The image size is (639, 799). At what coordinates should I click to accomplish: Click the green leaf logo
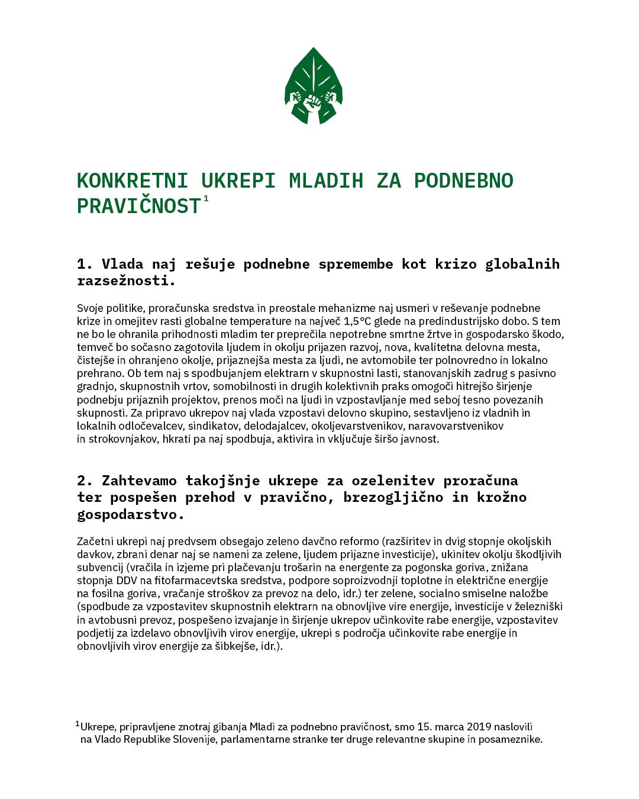(x=314, y=86)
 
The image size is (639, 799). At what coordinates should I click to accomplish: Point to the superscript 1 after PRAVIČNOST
(x=206, y=199)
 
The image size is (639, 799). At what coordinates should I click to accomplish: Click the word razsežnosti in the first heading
(x=126, y=281)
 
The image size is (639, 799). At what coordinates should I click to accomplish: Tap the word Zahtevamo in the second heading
(x=139, y=480)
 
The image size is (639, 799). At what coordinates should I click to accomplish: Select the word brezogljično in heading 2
(x=389, y=497)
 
